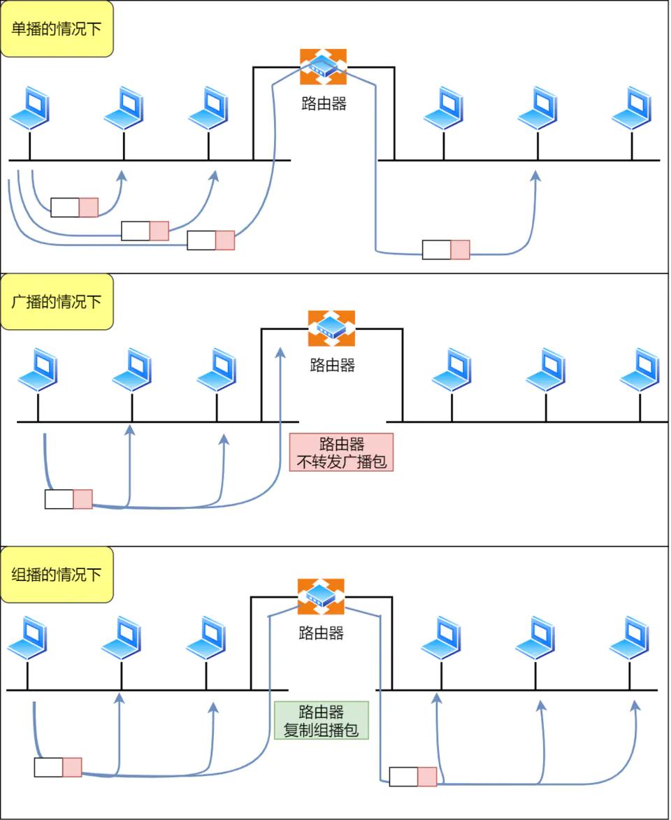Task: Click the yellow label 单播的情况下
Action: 57,29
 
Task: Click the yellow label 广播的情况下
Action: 57,302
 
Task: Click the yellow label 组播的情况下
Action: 57,575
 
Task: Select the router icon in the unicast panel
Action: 323,67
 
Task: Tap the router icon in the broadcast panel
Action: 331,329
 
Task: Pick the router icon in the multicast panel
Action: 321,596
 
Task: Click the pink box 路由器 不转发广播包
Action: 341,452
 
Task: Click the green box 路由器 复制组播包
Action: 321,721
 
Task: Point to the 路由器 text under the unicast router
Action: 324,104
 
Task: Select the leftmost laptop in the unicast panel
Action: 29,108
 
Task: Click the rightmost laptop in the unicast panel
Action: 631,108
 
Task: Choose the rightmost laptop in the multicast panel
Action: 628,638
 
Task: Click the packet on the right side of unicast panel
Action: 446,250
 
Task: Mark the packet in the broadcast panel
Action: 68,499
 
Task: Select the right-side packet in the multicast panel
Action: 413,777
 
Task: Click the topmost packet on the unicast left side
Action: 75,207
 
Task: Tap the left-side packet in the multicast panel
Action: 58,767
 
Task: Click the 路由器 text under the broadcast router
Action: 332,365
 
